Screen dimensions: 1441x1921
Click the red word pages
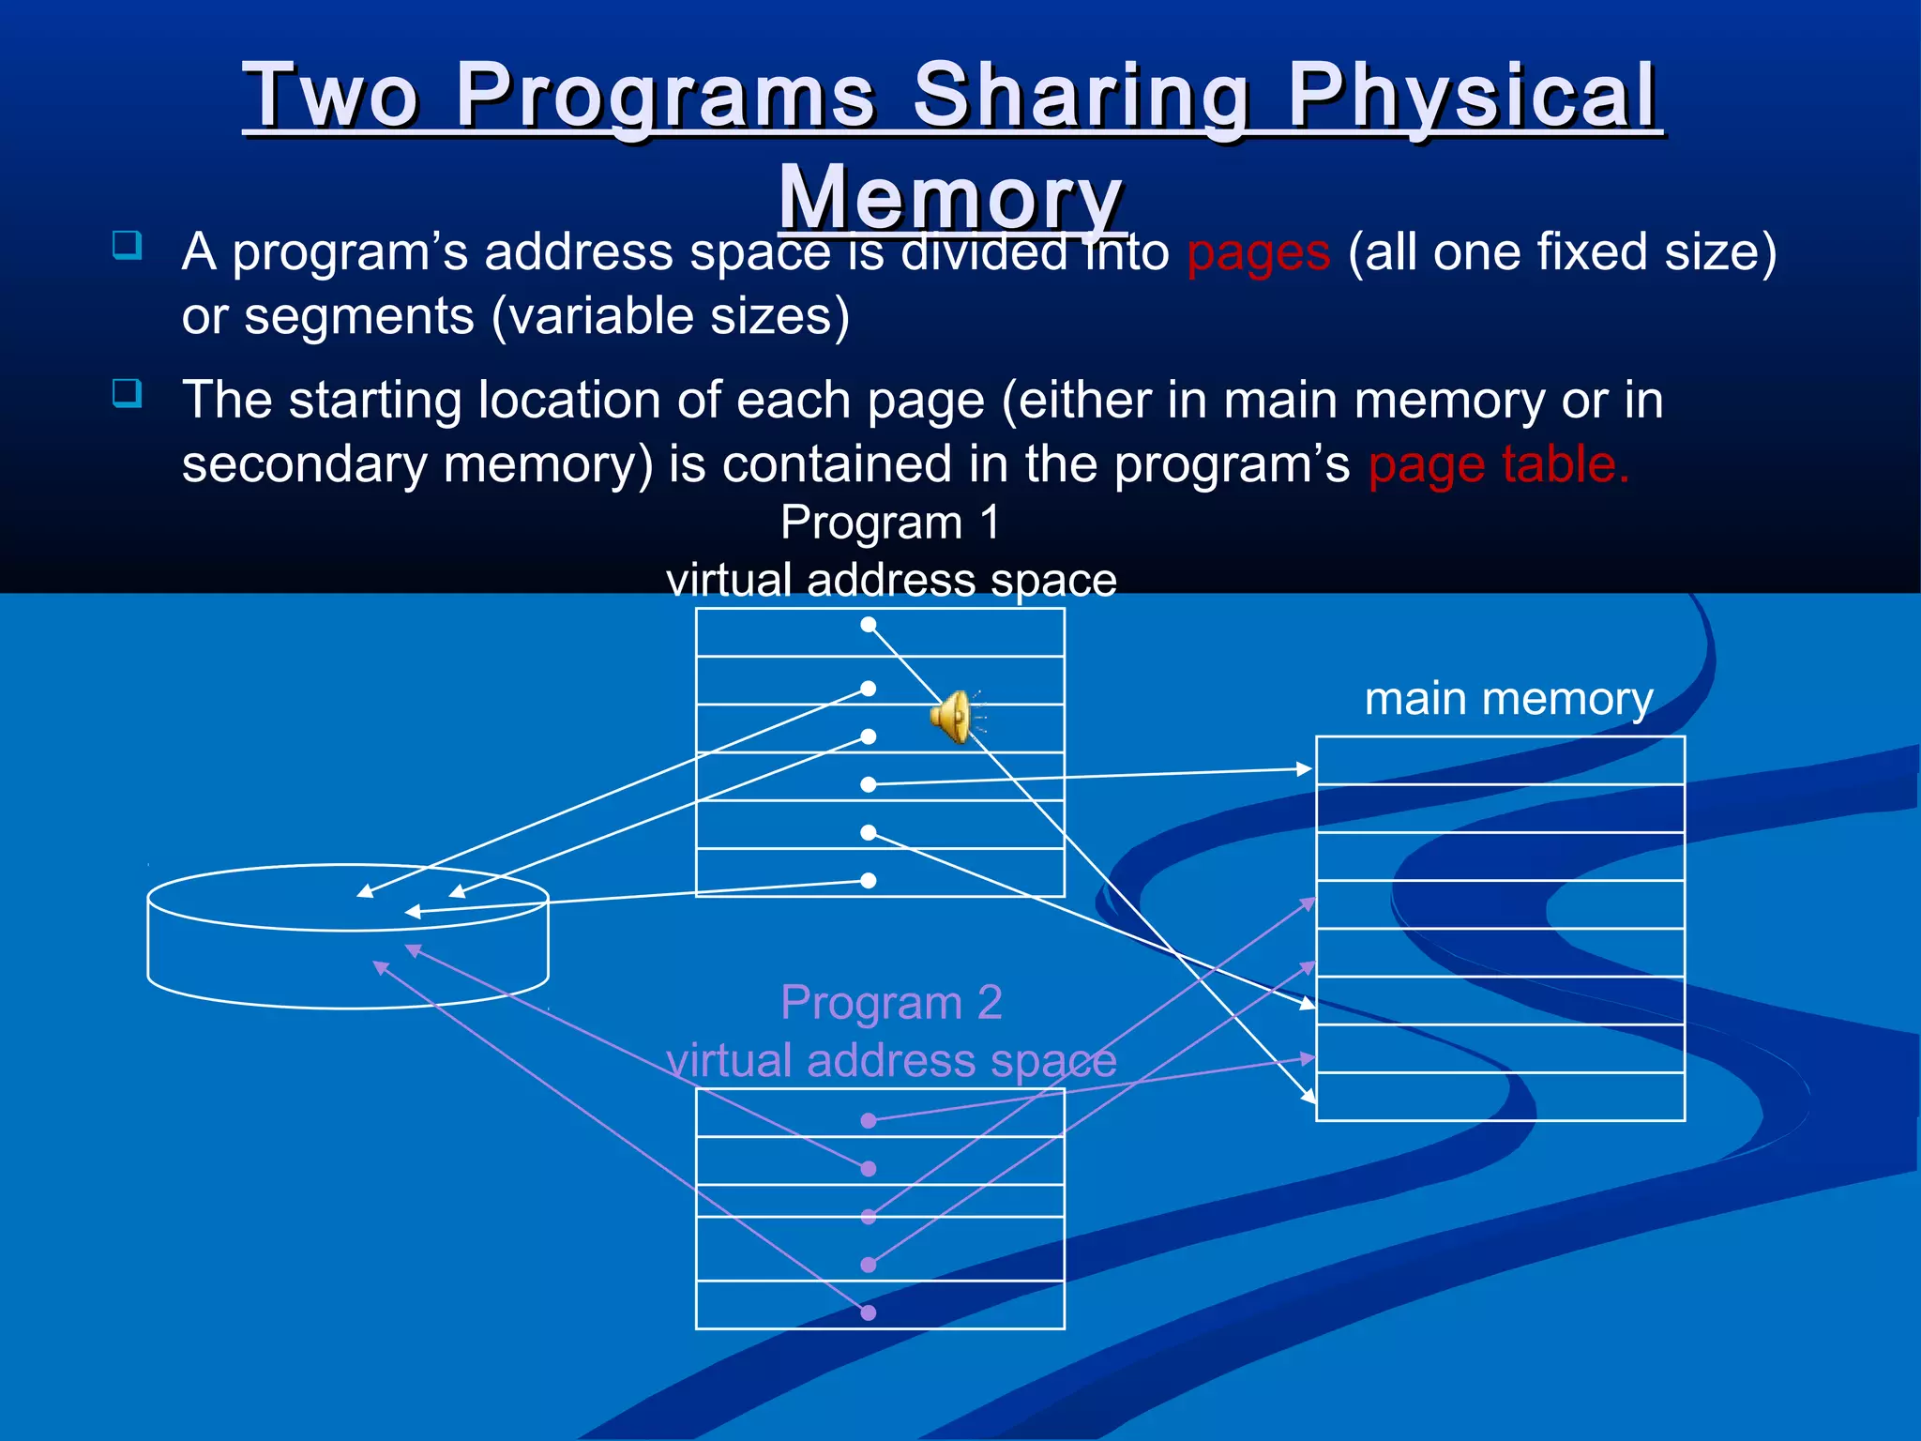pyautogui.click(x=1258, y=252)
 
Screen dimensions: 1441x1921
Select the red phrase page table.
pyautogui.click(x=1498, y=464)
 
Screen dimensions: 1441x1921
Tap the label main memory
pyautogui.click(x=1507, y=699)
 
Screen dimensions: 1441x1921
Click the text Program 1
pyautogui.click(x=890, y=523)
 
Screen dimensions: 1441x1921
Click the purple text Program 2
pyautogui.click(x=891, y=1003)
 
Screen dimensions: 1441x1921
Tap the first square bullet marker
pyautogui.click(x=127, y=245)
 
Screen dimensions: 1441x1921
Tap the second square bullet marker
pyautogui.click(x=127, y=392)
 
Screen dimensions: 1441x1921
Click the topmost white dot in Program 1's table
pyautogui.click(x=869, y=625)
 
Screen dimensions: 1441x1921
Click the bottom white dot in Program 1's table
pyautogui.click(x=869, y=880)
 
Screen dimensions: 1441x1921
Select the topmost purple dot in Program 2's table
pyautogui.click(x=869, y=1120)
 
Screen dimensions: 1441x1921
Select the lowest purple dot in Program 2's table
pyautogui.click(x=869, y=1312)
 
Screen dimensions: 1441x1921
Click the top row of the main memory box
pyautogui.click(x=1500, y=761)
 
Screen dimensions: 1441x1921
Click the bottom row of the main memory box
pyautogui.click(x=1500, y=1097)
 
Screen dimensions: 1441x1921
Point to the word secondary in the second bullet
pyautogui.click(x=304, y=464)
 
